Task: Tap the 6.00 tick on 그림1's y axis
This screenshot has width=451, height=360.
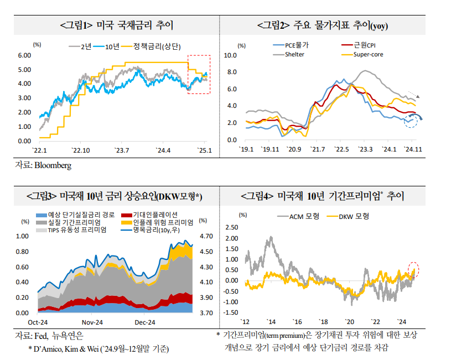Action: coord(24,55)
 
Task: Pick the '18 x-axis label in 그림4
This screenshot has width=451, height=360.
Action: coord(323,322)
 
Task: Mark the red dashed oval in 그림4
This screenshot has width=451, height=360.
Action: coord(414,269)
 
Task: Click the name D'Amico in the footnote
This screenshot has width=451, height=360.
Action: coord(48,348)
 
